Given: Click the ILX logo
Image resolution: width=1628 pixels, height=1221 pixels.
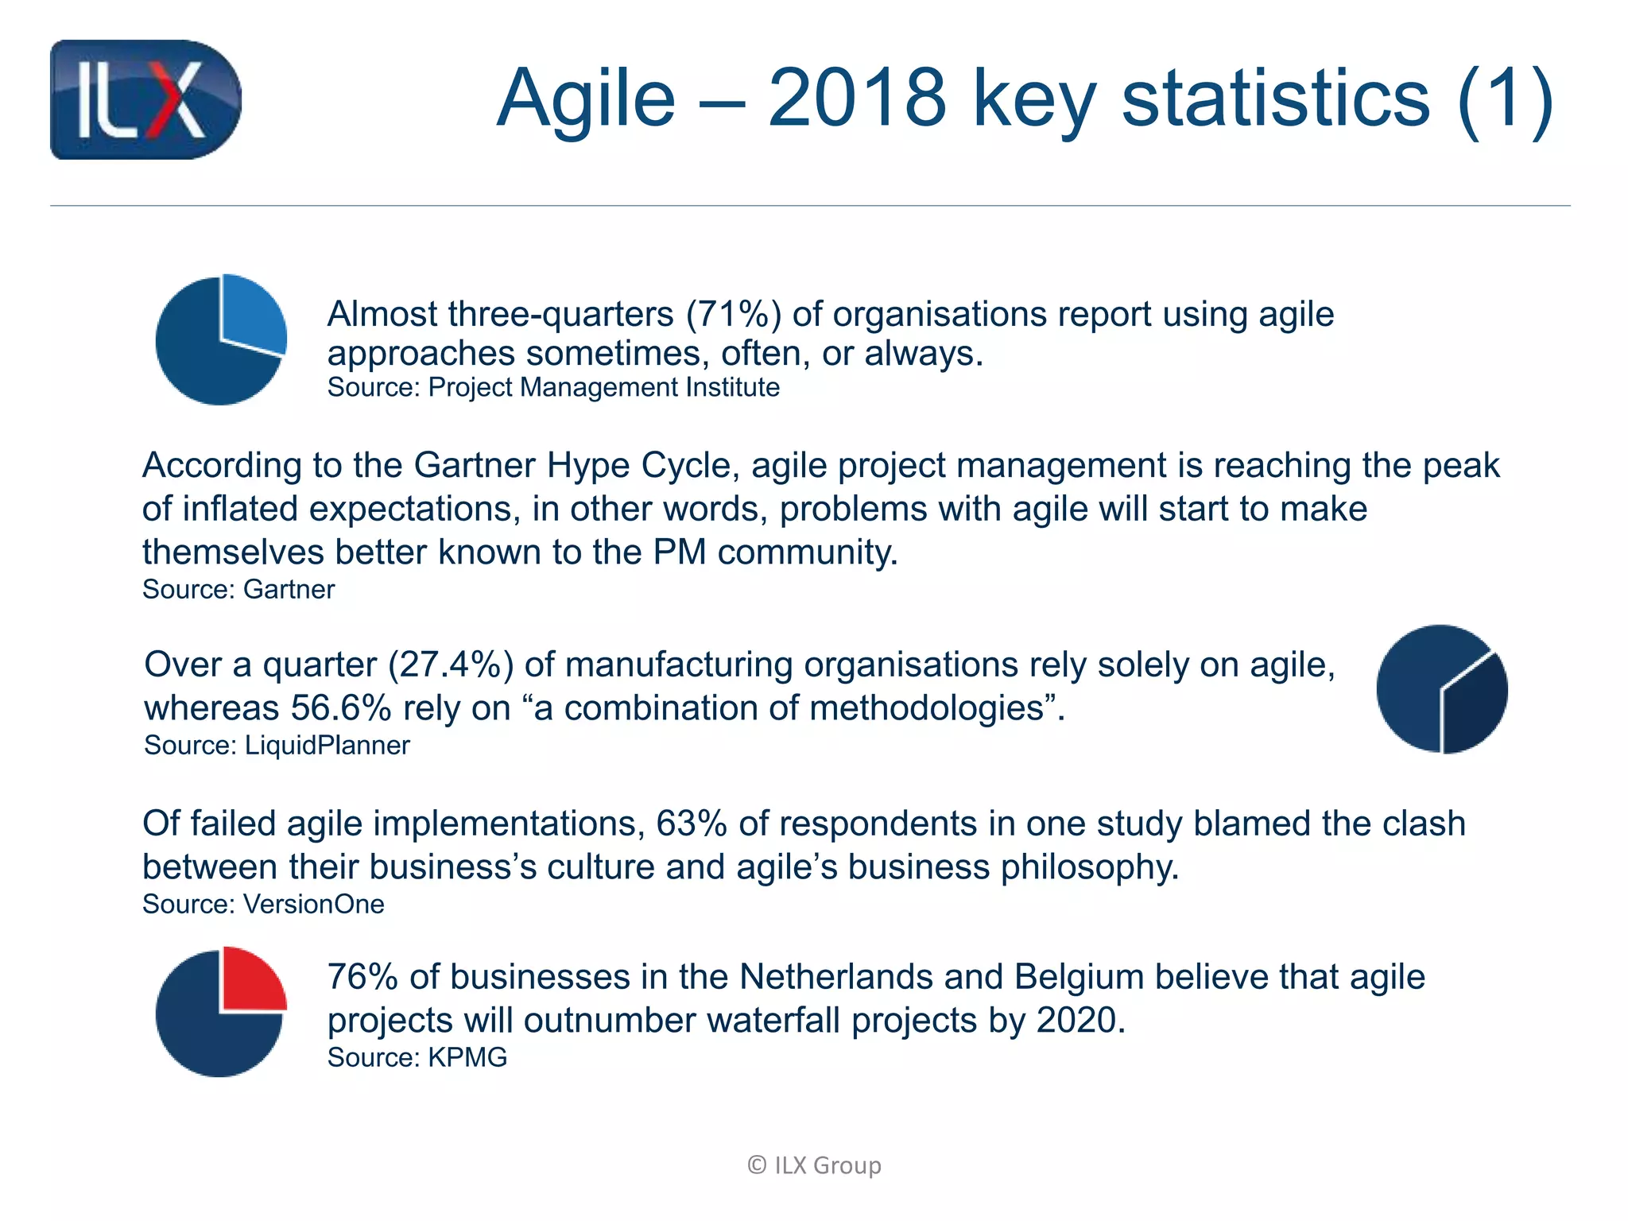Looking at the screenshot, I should (145, 99).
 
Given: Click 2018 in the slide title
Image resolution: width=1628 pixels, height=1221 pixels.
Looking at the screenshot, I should (857, 98).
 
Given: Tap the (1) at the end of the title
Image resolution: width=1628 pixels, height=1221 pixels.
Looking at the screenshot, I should (1505, 98).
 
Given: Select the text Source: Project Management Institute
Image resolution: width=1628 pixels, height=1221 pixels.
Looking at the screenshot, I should (553, 387).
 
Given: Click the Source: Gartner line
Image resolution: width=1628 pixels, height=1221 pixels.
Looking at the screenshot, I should (238, 589).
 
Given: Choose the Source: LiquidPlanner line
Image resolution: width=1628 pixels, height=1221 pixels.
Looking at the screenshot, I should (277, 745).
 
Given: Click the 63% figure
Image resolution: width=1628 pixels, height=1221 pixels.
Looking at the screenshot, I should (691, 824).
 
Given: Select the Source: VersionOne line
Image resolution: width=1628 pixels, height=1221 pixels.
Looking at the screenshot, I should (263, 904).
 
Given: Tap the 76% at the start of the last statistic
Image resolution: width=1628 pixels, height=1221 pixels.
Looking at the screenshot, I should (362, 977).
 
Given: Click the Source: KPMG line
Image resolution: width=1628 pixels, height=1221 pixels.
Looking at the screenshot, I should (417, 1057).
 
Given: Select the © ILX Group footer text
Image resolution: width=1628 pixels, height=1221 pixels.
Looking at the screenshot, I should (814, 1165).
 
